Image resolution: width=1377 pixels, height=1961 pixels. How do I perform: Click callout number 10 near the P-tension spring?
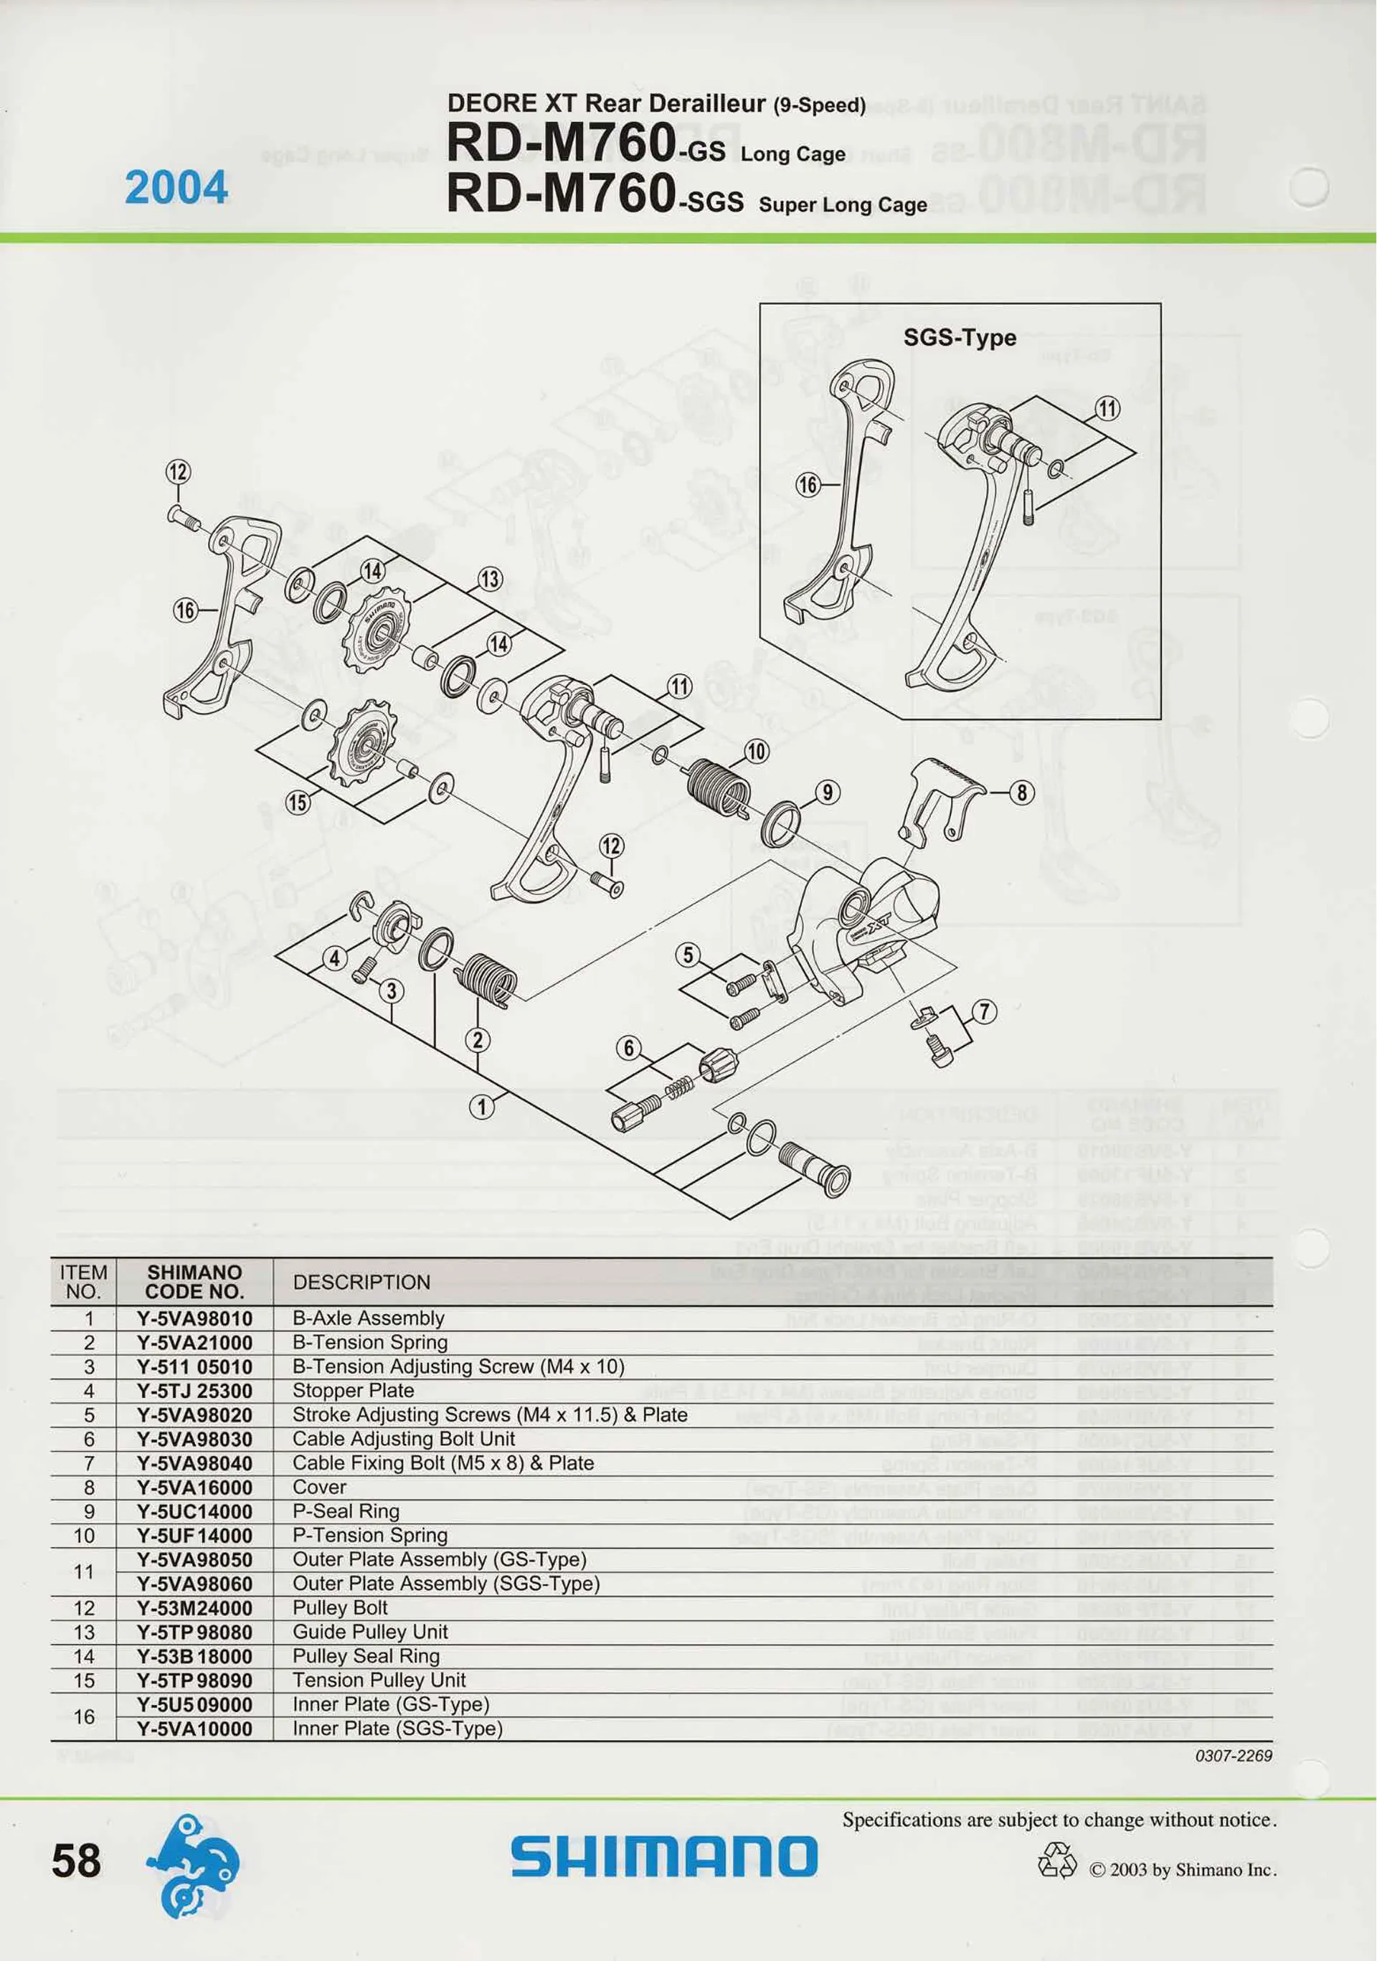coord(756,752)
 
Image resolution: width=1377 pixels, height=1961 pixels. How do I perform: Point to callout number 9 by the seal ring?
coord(827,792)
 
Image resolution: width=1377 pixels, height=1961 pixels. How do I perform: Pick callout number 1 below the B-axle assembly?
coord(482,1107)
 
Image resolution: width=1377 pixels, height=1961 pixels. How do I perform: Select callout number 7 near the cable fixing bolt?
coord(984,1012)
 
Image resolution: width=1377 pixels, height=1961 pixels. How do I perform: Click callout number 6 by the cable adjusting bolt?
coord(629,1048)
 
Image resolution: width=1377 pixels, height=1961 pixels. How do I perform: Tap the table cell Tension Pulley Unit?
coord(379,1679)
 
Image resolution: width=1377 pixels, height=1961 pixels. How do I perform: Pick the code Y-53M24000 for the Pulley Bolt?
coord(195,1607)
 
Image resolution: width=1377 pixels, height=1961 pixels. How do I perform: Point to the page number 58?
coord(76,1861)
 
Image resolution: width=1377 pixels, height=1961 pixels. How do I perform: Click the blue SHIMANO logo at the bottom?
coord(663,1858)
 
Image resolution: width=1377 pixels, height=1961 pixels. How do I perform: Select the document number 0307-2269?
coord(1234,1756)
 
